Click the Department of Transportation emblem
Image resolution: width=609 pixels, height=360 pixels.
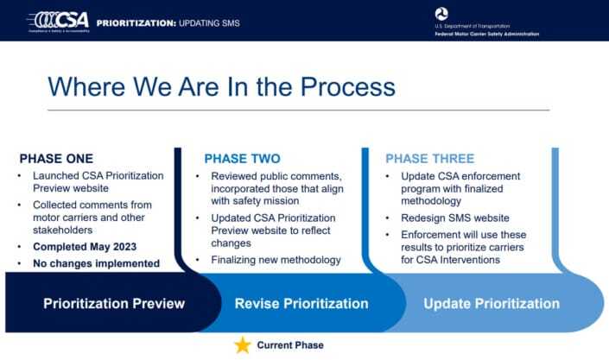pyautogui.click(x=442, y=15)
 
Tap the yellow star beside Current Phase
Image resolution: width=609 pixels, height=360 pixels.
pyautogui.click(x=243, y=345)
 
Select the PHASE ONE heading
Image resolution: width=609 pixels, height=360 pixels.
pyautogui.click(x=56, y=159)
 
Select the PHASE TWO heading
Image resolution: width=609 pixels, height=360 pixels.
pyautogui.click(x=242, y=159)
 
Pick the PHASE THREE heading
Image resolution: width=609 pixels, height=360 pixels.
pyautogui.click(x=429, y=159)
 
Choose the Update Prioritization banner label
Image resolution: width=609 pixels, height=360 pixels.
pyautogui.click(x=491, y=304)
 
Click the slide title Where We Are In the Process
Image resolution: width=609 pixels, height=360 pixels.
pyautogui.click(x=221, y=86)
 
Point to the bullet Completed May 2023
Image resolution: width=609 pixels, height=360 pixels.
pyautogui.click(x=86, y=247)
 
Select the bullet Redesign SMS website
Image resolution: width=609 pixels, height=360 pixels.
pyautogui.click(x=448, y=218)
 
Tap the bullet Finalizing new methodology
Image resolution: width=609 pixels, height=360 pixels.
pyautogui.click(x=278, y=260)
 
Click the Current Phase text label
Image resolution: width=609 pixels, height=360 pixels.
pyautogui.click(x=290, y=345)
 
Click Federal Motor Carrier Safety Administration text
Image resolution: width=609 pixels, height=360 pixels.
pyautogui.click(x=486, y=34)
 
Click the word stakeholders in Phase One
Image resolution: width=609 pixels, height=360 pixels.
pyautogui.click(x=64, y=231)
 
